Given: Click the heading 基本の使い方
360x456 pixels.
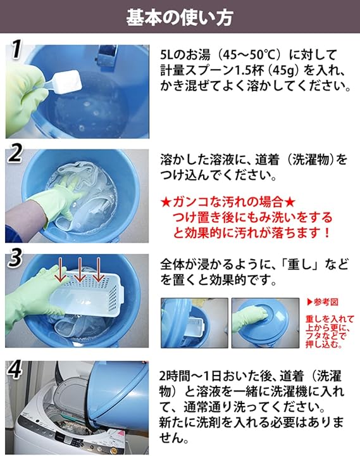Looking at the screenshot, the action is (x=180, y=17).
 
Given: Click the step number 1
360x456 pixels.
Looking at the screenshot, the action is (x=16, y=49).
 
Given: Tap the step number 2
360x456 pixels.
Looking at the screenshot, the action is (x=15, y=153).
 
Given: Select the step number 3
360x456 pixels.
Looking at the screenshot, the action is (x=15, y=258).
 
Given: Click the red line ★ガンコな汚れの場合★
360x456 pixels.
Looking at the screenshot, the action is (x=228, y=201).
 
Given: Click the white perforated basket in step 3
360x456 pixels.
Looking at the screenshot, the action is (x=87, y=294).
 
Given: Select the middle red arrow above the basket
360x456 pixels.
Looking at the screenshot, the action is (x=80, y=270).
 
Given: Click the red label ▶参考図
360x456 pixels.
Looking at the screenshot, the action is (x=322, y=302).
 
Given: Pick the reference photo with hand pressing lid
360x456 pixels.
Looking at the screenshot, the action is (x=265, y=323).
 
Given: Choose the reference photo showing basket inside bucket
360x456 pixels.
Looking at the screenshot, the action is (x=194, y=323).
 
